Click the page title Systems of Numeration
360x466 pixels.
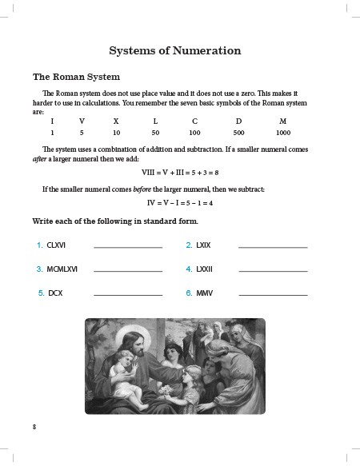[x=174, y=51]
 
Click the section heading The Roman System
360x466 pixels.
[x=76, y=78]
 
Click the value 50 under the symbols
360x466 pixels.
[x=155, y=132]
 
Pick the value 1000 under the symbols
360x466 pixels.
[x=283, y=132]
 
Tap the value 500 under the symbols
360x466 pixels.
[x=238, y=132]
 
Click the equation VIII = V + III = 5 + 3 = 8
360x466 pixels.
[x=180, y=172]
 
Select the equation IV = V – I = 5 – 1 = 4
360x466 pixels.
[x=180, y=202]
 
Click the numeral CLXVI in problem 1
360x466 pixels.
[x=58, y=245]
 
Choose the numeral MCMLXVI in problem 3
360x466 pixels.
[x=64, y=269]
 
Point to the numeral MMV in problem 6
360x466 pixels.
[x=206, y=293]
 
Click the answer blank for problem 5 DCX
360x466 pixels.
[x=128, y=295]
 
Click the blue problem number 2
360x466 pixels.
[x=189, y=245]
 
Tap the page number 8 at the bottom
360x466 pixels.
[x=34, y=427]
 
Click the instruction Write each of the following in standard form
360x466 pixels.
[x=114, y=220]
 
